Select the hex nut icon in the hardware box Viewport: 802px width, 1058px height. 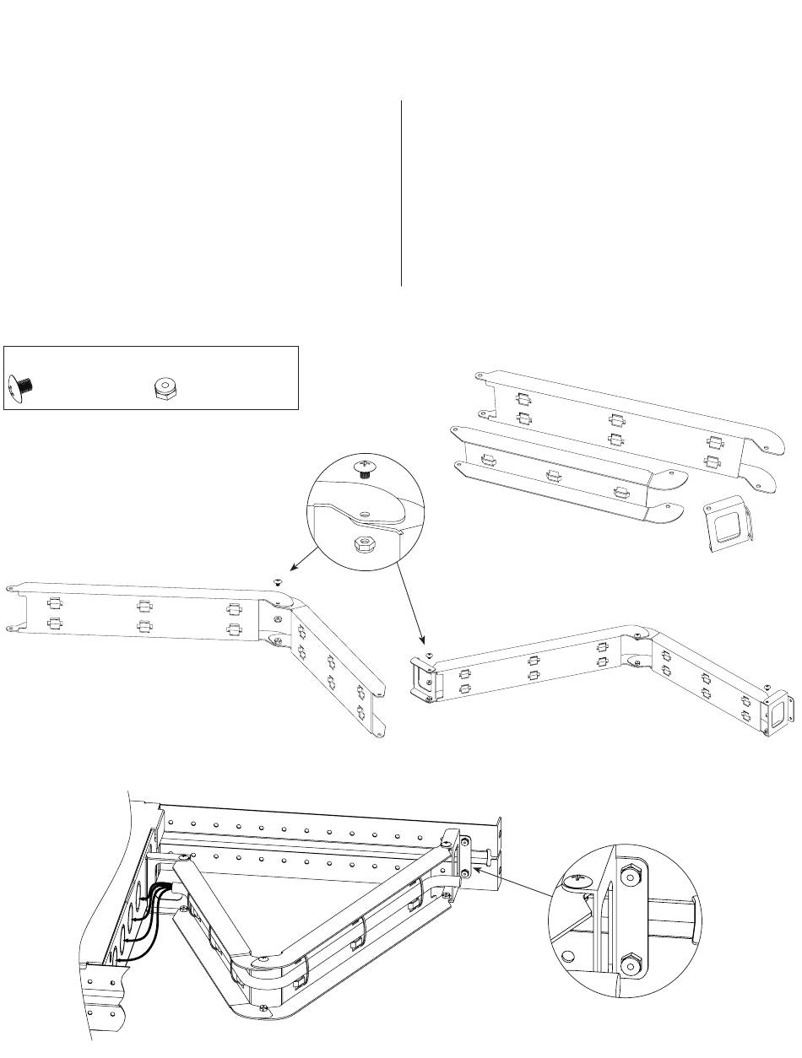point(163,388)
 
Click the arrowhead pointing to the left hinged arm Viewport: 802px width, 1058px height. point(292,568)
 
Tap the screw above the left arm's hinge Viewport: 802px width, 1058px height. point(277,581)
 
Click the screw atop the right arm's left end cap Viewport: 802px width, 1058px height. point(429,656)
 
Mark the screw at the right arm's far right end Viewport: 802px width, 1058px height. point(767,685)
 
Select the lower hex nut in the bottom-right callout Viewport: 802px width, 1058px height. point(630,964)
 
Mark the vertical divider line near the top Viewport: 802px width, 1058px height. point(401,194)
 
